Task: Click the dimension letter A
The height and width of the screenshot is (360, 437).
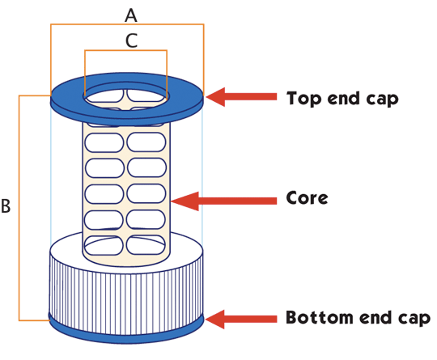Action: (131, 15)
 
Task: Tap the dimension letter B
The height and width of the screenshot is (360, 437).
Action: (6, 206)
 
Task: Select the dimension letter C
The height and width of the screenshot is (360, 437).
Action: (131, 40)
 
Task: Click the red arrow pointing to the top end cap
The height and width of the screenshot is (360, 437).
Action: (241, 97)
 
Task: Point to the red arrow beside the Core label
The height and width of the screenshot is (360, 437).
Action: (224, 201)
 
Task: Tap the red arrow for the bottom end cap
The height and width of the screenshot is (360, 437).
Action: (241, 320)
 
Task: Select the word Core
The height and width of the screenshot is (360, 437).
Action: (308, 198)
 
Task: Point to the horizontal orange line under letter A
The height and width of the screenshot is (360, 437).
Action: (127, 24)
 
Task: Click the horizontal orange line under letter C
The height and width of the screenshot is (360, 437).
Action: (125, 50)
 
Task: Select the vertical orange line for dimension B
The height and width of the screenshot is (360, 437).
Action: (19, 208)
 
